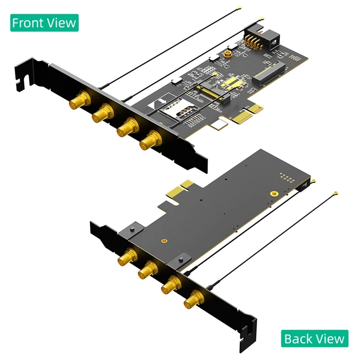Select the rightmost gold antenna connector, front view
[x=150, y=139]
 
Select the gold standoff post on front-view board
[x=228, y=54]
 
